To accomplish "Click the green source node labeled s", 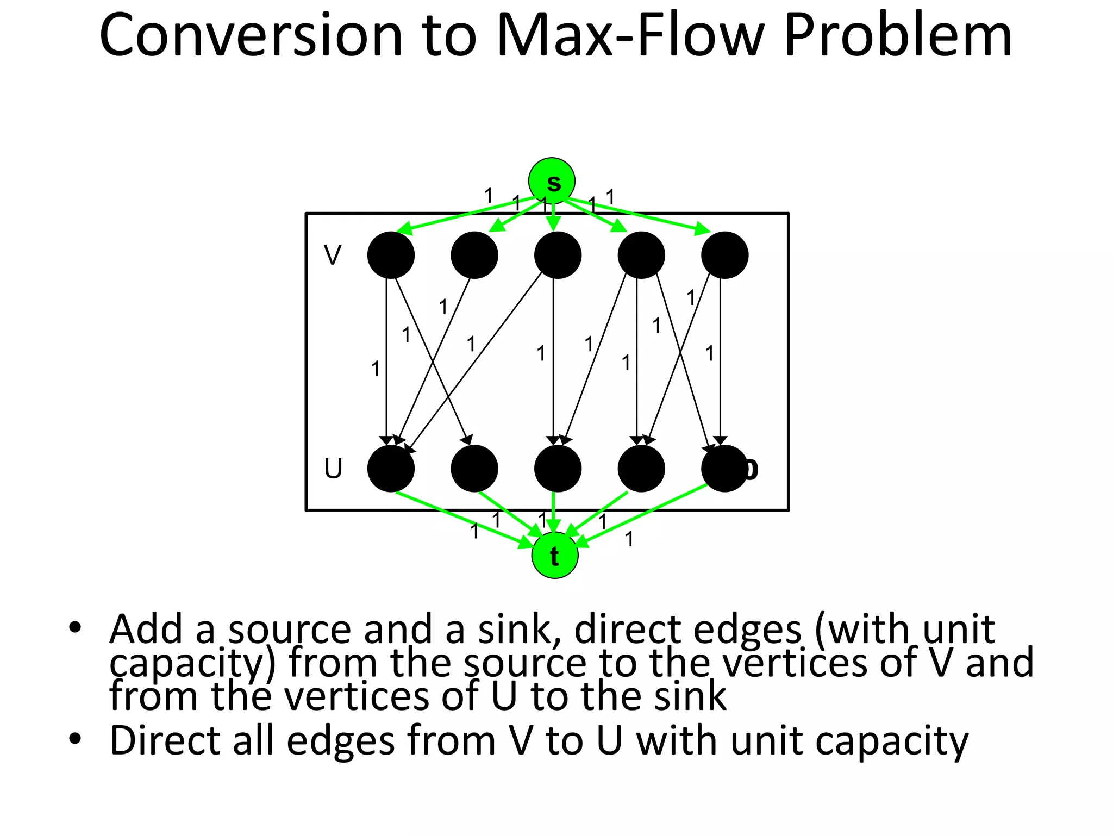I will (x=552, y=181).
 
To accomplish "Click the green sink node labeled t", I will (x=554, y=555).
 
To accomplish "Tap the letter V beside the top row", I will (x=332, y=255).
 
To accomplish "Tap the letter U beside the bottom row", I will (x=333, y=469).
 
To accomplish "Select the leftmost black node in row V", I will (x=391, y=255).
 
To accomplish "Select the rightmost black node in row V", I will (x=724, y=255).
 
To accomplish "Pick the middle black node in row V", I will (x=558, y=255).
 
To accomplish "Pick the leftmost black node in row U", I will (x=391, y=469).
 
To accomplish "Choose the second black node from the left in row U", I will (x=474, y=469).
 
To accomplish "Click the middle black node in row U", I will (x=558, y=469).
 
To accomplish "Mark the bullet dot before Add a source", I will (x=75, y=628).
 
